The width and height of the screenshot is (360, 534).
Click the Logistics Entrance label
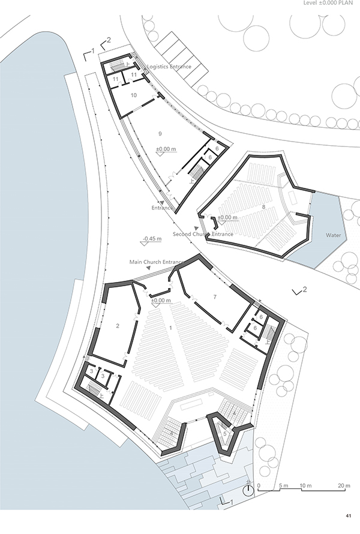pyautogui.click(x=169, y=67)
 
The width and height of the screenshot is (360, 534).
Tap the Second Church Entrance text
pyautogui.click(x=203, y=234)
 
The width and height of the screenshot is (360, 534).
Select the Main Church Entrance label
pyautogui.click(x=157, y=262)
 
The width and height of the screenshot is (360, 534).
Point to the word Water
pyautogui.click(x=333, y=235)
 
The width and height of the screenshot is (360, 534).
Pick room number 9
pyautogui.click(x=160, y=134)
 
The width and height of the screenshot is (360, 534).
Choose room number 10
pyautogui.click(x=134, y=95)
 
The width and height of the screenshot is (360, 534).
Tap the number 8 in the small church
pyautogui.click(x=263, y=207)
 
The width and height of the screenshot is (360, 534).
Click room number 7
pyautogui.click(x=215, y=297)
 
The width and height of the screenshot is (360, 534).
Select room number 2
pyautogui.click(x=118, y=326)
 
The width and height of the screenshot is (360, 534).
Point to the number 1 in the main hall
pyautogui.click(x=170, y=328)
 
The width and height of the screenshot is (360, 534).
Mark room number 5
pyautogui.click(x=225, y=434)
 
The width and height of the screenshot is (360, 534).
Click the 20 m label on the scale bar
pyautogui.click(x=344, y=485)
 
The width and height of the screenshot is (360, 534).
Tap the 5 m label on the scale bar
pyautogui.click(x=284, y=485)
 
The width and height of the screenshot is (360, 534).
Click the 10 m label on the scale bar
pyautogui.click(x=305, y=485)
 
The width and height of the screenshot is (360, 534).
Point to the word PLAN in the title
pyautogui.click(x=349, y=3)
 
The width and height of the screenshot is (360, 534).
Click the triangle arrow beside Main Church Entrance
pyautogui.click(x=149, y=268)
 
